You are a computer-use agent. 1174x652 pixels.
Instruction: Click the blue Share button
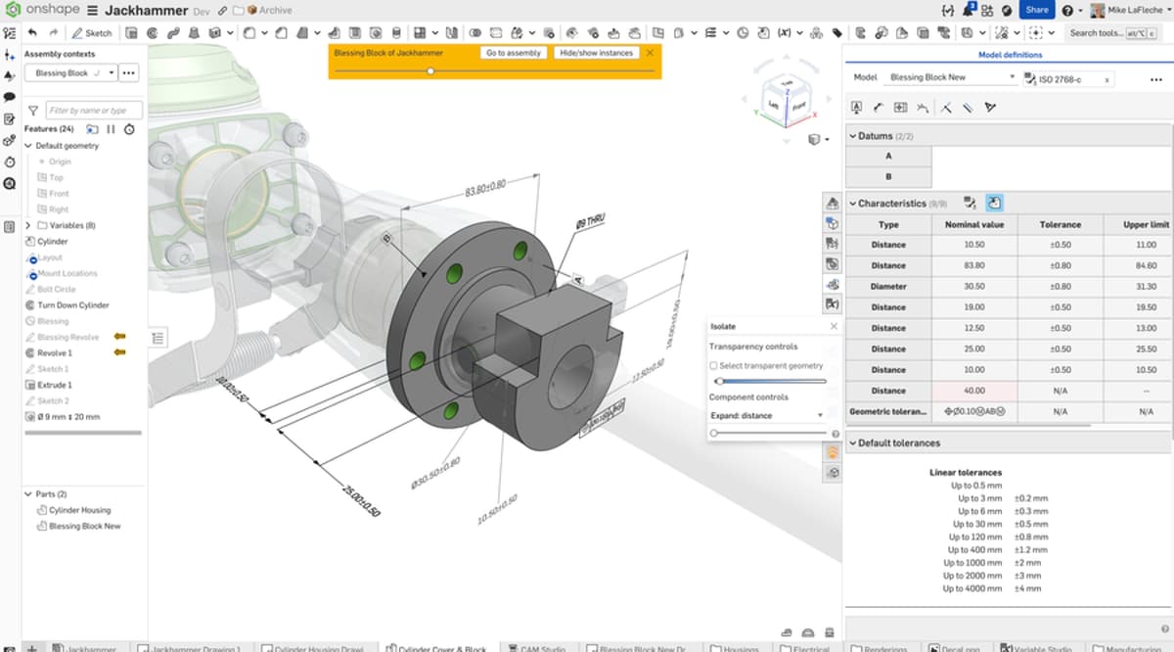(x=1036, y=10)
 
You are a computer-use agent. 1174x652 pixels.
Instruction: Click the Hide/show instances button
(x=596, y=53)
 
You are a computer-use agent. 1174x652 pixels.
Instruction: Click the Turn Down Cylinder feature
(x=72, y=305)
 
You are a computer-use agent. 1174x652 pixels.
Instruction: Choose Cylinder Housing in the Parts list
(x=79, y=510)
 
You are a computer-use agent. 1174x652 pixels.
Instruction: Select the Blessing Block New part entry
(x=84, y=526)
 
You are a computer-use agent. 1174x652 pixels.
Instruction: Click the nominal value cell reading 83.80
(x=973, y=265)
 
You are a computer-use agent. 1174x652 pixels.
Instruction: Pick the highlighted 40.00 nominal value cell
(x=973, y=391)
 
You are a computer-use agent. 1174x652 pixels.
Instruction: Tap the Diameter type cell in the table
(x=888, y=287)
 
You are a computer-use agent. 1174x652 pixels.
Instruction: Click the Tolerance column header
(x=1060, y=224)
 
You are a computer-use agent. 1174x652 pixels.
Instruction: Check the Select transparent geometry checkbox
(x=714, y=365)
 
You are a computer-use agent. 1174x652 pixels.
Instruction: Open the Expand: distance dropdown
(x=768, y=415)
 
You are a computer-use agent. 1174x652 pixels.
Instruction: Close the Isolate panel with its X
(x=834, y=326)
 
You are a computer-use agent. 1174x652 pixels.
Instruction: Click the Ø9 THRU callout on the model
(x=591, y=224)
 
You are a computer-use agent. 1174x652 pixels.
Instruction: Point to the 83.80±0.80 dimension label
(x=485, y=188)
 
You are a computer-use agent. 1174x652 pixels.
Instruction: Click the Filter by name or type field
(x=94, y=111)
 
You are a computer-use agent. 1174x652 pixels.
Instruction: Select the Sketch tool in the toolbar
(x=92, y=33)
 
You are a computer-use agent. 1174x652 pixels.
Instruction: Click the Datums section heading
(x=876, y=136)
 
